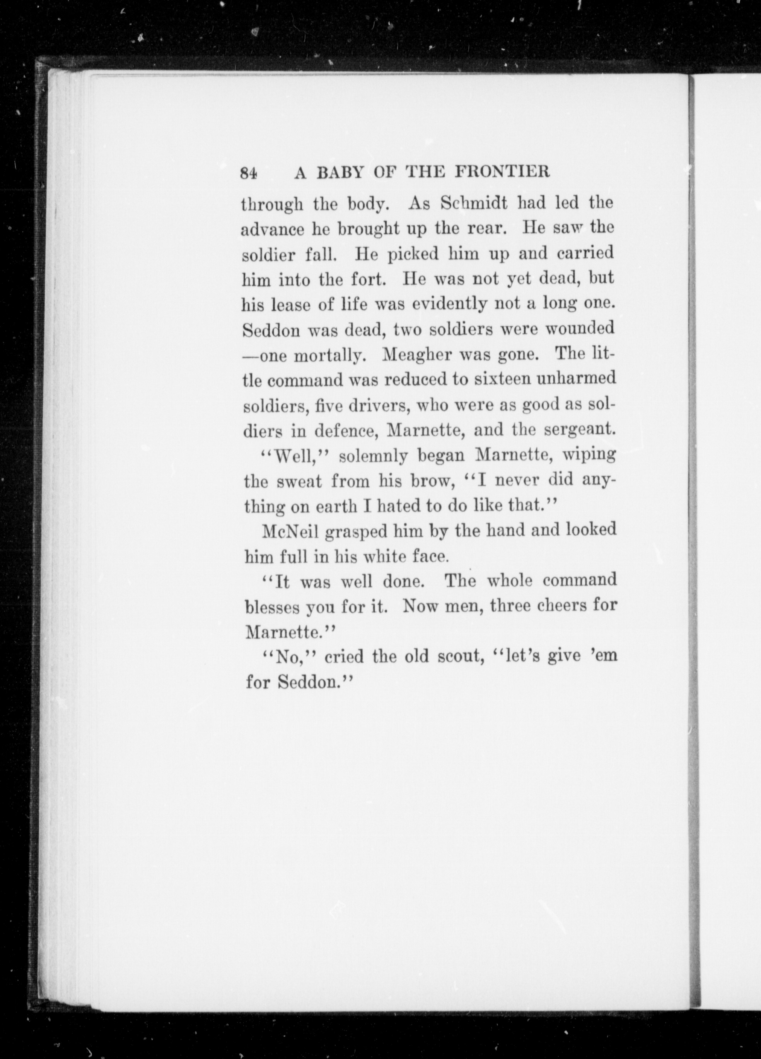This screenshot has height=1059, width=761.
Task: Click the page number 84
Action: (248, 173)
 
